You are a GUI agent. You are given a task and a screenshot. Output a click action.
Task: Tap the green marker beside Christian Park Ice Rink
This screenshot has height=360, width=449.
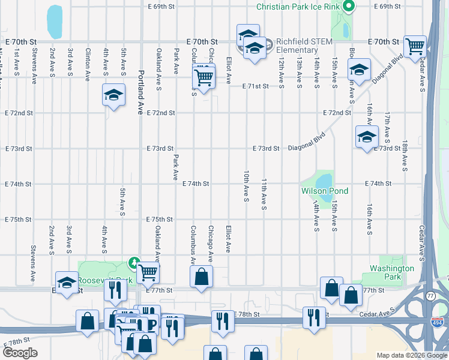point(348,7)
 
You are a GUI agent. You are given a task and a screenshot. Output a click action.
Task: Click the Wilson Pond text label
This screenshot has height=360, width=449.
point(325,191)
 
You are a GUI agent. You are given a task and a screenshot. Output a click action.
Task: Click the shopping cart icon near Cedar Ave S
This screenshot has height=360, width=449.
point(415,46)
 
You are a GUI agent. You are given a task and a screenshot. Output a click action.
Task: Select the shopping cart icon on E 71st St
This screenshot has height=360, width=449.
point(203,77)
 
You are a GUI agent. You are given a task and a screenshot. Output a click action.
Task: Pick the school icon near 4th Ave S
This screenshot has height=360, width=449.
point(112,95)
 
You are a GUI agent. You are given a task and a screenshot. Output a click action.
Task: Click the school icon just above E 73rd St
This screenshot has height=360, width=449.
point(367,137)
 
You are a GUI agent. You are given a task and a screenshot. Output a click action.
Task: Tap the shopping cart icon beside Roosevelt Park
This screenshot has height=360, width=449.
point(147,272)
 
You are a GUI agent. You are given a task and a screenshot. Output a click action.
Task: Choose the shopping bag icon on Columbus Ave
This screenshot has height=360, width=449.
point(201,277)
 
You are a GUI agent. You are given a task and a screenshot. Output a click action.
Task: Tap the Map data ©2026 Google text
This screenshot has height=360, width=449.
point(411,355)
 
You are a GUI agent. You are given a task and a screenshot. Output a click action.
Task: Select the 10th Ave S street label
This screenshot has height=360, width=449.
point(246,186)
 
